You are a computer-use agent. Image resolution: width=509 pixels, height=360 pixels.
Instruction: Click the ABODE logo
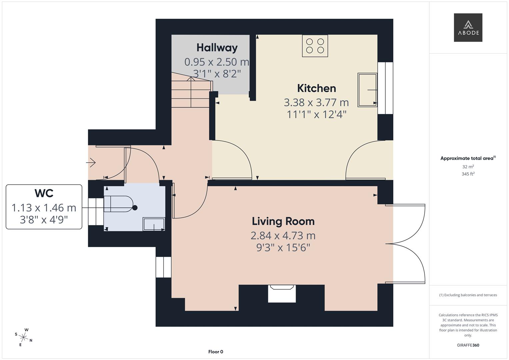(468, 27)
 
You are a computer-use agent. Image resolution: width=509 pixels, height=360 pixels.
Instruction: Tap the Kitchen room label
(316, 88)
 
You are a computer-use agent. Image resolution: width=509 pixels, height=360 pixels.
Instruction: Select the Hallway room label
(217, 48)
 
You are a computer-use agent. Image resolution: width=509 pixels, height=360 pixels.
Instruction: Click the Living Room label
(283, 221)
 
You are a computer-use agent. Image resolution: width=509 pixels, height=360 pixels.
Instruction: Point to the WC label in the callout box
(44, 193)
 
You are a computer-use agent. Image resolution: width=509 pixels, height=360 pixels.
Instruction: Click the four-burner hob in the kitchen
(315, 46)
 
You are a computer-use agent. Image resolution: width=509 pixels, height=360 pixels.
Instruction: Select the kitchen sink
(367, 90)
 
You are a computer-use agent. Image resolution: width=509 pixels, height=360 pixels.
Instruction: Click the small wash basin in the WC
(154, 224)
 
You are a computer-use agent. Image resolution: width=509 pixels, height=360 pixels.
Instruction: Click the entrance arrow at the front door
(91, 163)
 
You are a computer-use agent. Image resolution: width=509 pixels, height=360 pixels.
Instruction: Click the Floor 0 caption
(216, 352)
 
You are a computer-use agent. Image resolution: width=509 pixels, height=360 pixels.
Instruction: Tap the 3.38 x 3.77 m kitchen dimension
(316, 102)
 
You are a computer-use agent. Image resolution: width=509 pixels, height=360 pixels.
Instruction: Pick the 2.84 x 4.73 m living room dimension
(283, 236)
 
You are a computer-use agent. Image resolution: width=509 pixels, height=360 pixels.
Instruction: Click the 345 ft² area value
(468, 174)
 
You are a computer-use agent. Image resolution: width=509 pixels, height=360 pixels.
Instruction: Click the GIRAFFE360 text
(468, 345)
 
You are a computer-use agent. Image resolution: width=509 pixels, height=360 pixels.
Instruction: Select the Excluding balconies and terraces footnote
(468, 295)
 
